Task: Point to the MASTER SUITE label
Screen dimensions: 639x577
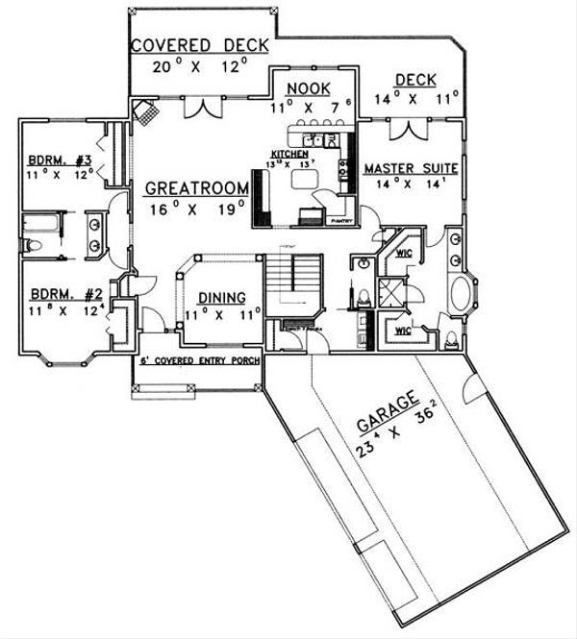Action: pos(410,169)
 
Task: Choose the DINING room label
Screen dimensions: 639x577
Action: pos(220,298)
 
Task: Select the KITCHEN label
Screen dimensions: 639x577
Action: pos(288,154)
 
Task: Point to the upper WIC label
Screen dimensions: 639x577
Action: pos(404,255)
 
